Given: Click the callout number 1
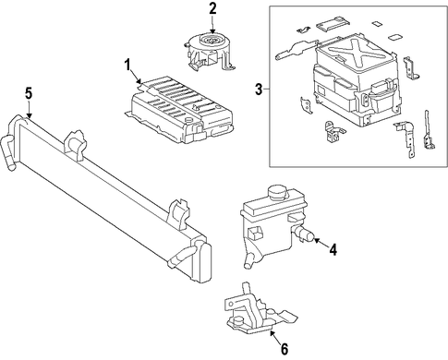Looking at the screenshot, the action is pyautogui.click(x=127, y=66).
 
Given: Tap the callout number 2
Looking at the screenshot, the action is pyautogui.click(x=212, y=9).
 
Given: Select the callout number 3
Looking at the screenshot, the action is pyautogui.click(x=259, y=90).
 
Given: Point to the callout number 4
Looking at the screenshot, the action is pyautogui.click(x=333, y=250).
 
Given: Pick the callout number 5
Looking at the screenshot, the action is pyautogui.click(x=29, y=93).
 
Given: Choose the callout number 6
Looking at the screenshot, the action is pyautogui.click(x=285, y=349).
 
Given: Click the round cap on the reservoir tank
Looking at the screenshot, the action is pyautogui.click(x=278, y=193).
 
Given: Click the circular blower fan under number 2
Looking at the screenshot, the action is pyautogui.click(x=211, y=40).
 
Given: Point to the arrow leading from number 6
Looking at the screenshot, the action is pyautogui.click(x=275, y=336).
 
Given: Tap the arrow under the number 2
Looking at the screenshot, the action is pyautogui.click(x=212, y=24).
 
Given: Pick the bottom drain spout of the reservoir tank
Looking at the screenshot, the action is pyautogui.click(x=248, y=260).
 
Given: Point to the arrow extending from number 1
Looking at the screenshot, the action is pyautogui.click(x=136, y=78).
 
